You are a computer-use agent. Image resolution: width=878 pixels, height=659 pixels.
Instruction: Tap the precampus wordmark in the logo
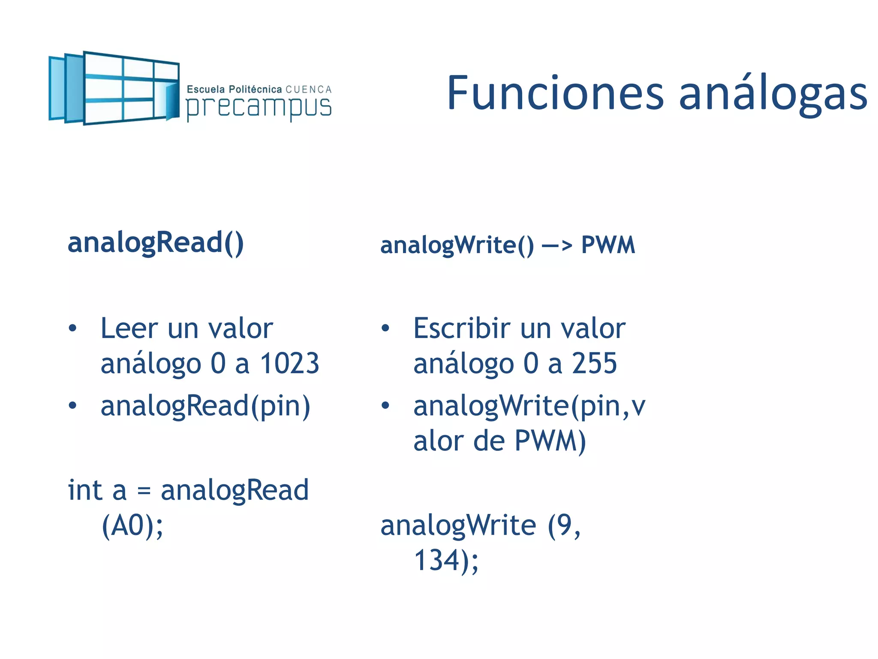[259, 107]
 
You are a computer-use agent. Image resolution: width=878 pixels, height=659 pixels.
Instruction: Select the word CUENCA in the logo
[309, 90]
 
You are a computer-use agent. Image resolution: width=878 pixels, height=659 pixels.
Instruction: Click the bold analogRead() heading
[156, 243]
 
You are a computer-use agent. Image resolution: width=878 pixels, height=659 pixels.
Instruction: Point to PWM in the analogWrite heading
[607, 245]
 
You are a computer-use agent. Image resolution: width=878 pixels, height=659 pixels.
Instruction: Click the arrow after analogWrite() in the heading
[556, 246]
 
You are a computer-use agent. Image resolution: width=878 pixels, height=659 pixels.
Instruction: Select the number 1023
[290, 363]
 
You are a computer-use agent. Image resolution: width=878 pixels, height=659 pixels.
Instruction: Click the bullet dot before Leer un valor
[72, 329]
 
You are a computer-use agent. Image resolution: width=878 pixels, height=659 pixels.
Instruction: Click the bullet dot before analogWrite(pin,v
[385, 405]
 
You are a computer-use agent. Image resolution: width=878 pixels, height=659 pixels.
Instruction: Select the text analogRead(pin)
[205, 406]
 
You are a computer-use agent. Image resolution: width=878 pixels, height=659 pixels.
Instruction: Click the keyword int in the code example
[85, 490]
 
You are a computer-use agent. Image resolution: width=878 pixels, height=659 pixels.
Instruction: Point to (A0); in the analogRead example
[132, 526]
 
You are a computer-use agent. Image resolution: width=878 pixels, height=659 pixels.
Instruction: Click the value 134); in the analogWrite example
[446, 560]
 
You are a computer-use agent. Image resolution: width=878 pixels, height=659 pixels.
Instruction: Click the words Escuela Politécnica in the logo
[234, 90]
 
